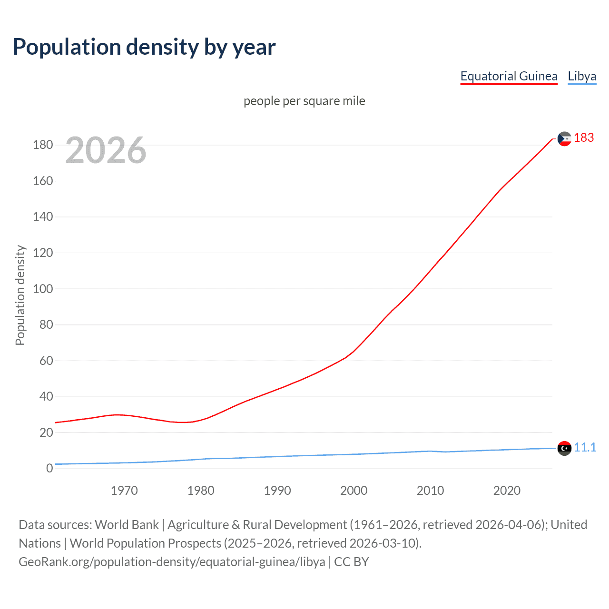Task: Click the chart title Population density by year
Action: [x=144, y=47]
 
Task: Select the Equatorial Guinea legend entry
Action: [x=509, y=76]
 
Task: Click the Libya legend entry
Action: [x=581, y=76]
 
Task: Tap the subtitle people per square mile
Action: [x=304, y=101]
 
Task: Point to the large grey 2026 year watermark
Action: [x=106, y=150]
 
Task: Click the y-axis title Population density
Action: [x=20, y=295]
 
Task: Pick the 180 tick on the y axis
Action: [x=43, y=145]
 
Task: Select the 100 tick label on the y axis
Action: [x=43, y=289]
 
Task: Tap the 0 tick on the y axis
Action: [x=49, y=469]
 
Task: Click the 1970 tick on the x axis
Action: [x=124, y=491]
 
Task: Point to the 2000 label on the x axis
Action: [x=354, y=491]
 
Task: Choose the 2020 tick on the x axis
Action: [x=507, y=491]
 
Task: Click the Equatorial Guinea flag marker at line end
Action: [x=564, y=139]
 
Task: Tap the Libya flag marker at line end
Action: [x=564, y=448]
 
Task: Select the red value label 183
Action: [x=584, y=138]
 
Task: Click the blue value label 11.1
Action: [x=585, y=448]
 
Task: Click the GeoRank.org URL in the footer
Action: [x=172, y=562]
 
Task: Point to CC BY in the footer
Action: [x=351, y=562]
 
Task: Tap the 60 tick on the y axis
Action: [x=46, y=361]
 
